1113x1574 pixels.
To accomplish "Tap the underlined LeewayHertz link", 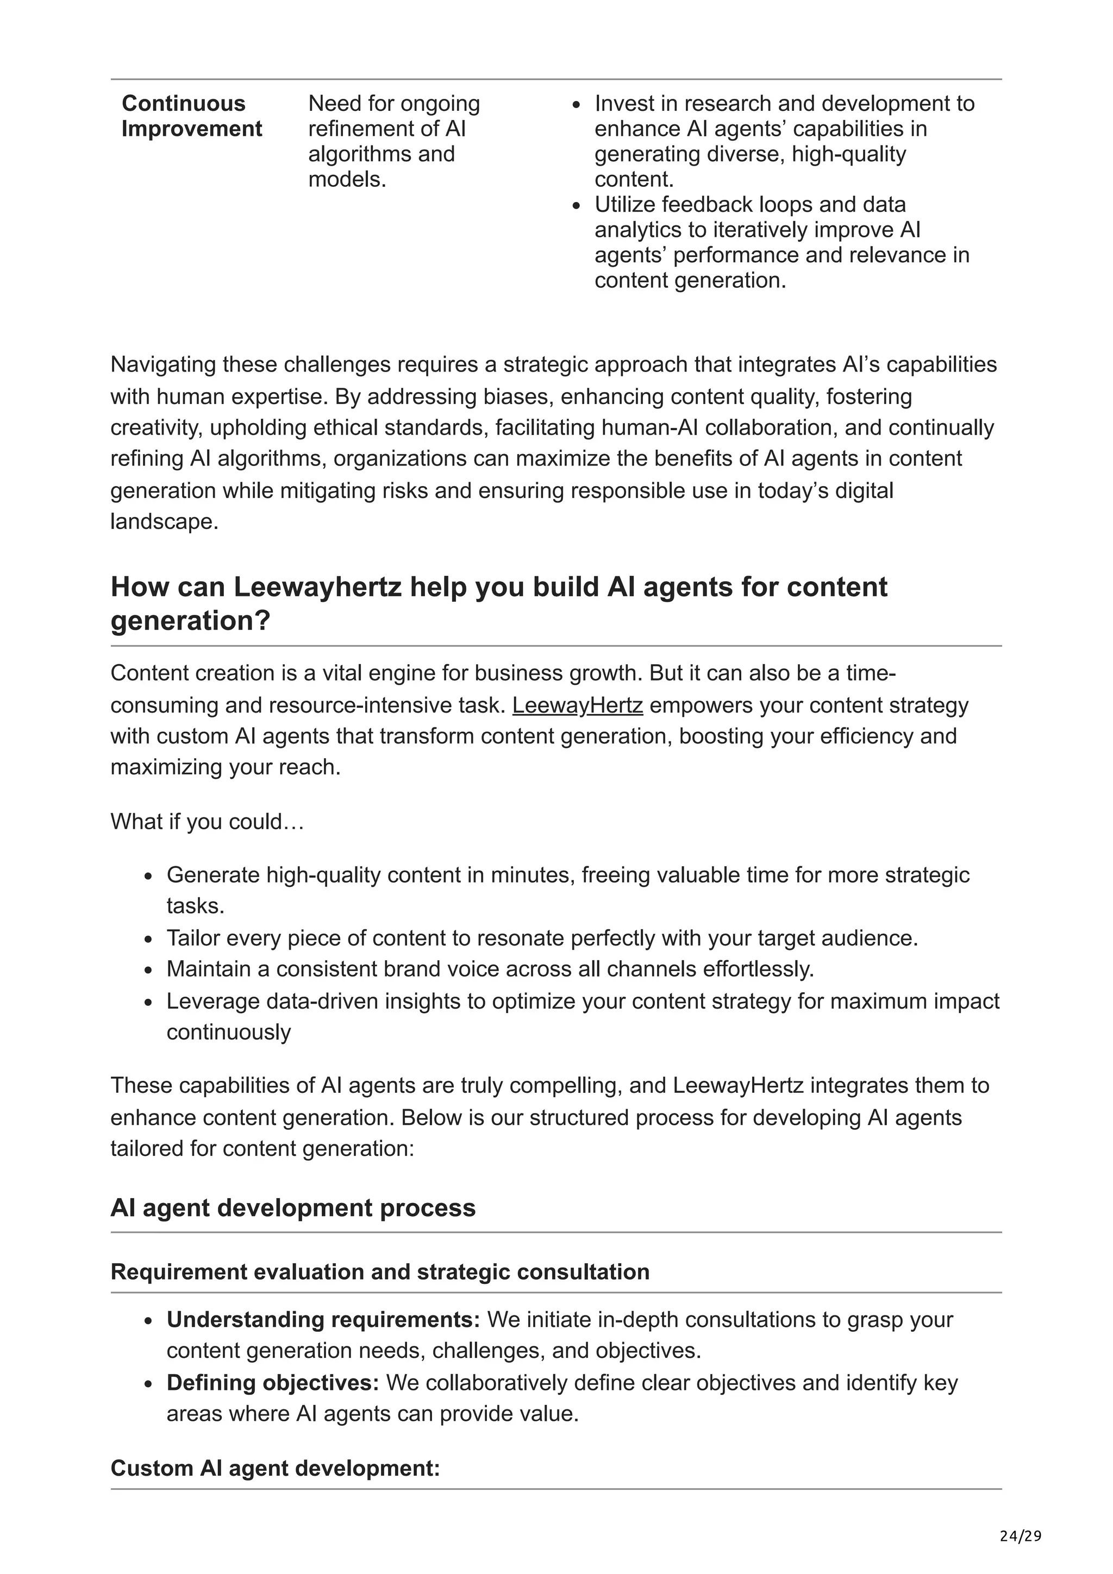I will click(577, 705).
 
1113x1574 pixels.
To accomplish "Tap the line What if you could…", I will click(207, 821).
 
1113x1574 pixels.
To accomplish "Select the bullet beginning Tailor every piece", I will click(542, 938).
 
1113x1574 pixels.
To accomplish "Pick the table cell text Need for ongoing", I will click(393, 104).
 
